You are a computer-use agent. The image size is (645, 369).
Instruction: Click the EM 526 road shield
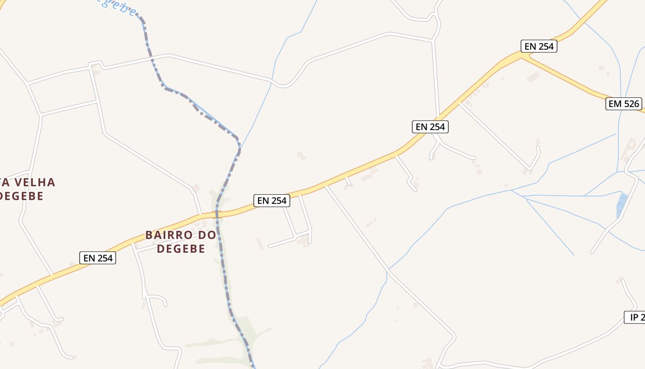pyautogui.click(x=624, y=104)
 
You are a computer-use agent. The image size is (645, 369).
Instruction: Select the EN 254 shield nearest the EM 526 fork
pyautogui.click(x=539, y=46)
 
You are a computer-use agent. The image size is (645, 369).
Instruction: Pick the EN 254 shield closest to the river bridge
pyautogui.click(x=272, y=200)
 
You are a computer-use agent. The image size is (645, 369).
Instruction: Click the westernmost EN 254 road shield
pyautogui.click(x=98, y=258)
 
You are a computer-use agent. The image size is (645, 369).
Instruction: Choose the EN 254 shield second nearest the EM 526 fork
pyautogui.click(x=430, y=127)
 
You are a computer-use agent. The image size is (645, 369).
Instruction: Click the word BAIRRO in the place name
pyautogui.click(x=166, y=235)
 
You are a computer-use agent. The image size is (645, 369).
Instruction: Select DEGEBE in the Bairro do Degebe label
pyautogui.click(x=181, y=249)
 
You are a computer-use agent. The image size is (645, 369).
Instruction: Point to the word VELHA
pyautogui.click(x=36, y=182)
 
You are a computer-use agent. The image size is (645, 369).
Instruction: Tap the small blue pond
pyautogui.click(x=622, y=206)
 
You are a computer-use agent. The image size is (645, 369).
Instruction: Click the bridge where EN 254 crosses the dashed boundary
pyautogui.click(x=217, y=214)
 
